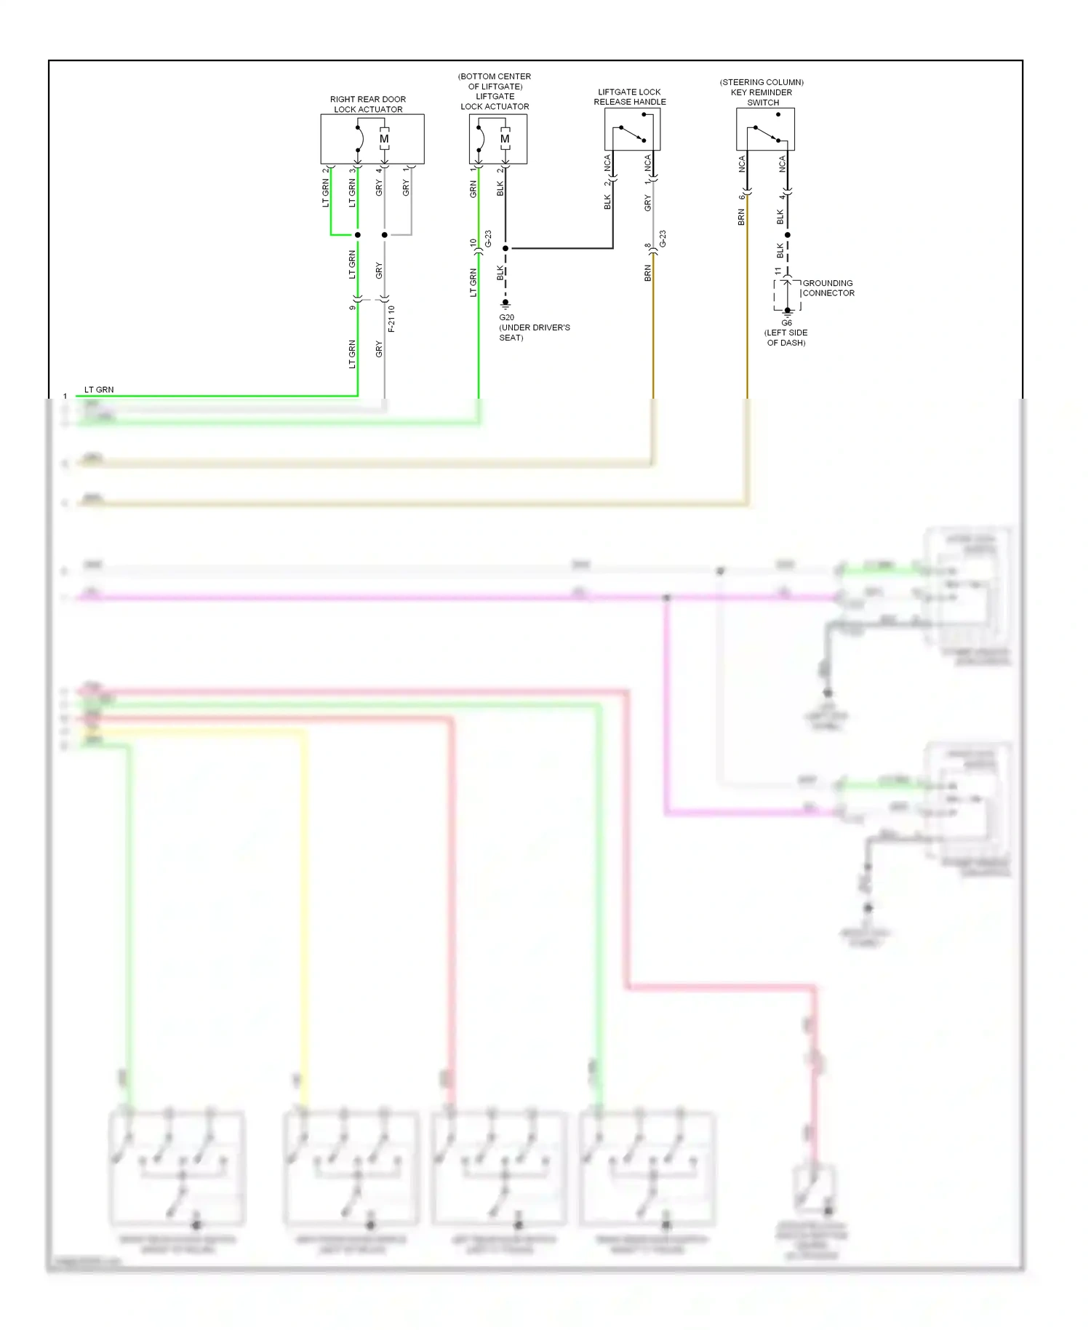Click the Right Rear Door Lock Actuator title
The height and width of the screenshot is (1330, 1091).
(x=368, y=104)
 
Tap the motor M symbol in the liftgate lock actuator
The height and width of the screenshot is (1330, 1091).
(x=505, y=139)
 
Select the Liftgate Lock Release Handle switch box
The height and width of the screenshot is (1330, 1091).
(x=632, y=130)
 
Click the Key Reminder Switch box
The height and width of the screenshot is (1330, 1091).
(x=765, y=130)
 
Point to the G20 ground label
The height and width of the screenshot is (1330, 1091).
(x=506, y=317)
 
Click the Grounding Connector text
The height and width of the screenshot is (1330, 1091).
(x=828, y=288)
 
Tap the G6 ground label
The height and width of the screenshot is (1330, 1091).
(x=786, y=323)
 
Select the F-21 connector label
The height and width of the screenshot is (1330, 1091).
(x=391, y=319)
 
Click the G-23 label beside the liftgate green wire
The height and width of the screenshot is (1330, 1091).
(x=488, y=239)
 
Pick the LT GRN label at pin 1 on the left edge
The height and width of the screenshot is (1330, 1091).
(x=99, y=389)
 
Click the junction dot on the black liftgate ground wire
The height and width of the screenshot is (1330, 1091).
(x=505, y=248)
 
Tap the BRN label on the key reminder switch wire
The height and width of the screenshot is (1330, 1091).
(x=741, y=217)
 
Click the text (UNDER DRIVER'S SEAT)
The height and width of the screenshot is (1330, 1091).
(x=534, y=332)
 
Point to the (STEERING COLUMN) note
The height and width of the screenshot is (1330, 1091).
(x=762, y=82)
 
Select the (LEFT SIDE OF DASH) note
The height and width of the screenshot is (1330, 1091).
(x=786, y=338)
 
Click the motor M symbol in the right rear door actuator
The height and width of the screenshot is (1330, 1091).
(x=384, y=139)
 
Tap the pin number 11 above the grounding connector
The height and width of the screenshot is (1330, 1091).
(x=778, y=271)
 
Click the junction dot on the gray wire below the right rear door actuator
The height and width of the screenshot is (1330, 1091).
(x=385, y=235)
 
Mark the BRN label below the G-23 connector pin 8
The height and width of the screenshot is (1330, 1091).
(x=647, y=273)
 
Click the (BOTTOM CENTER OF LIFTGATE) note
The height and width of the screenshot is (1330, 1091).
(x=495, y=81)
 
